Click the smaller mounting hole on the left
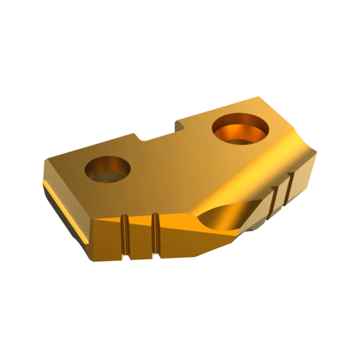(x=108, y=170)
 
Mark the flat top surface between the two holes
(x=172, y=163)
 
